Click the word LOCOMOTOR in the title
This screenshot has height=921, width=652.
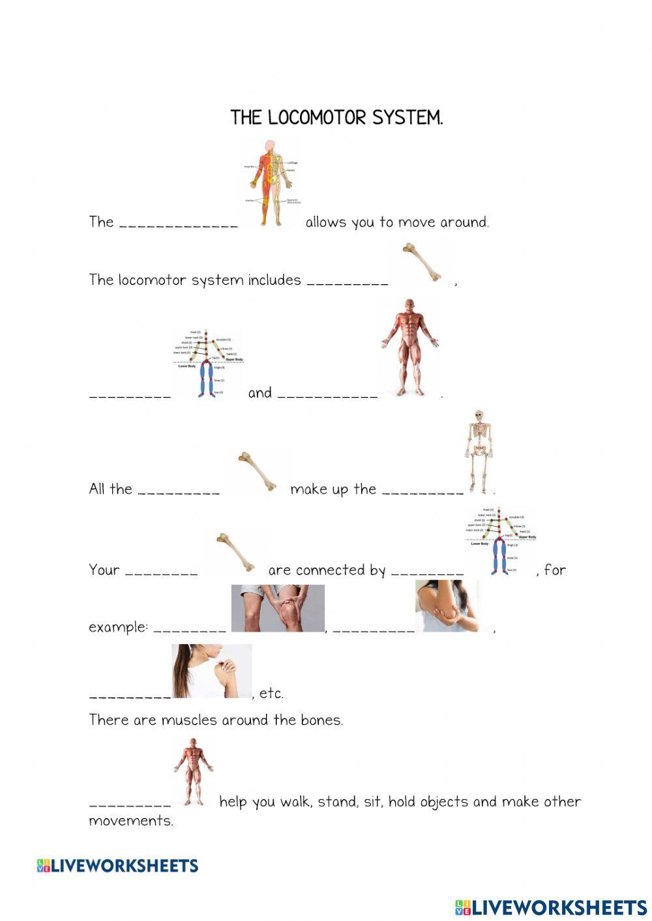[318, 118]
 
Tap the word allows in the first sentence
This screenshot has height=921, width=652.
[326, 222]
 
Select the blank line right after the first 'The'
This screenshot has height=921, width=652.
[179, 225]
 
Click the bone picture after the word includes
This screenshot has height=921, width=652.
[422, 263]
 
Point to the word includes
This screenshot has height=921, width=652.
[274, 280]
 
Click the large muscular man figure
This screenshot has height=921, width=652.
[409, 347]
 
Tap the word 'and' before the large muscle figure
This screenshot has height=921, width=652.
[259, 393]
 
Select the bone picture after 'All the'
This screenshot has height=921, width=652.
[258, 471]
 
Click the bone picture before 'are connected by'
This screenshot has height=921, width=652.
[235, 552]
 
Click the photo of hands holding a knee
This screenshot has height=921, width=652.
[278, 608]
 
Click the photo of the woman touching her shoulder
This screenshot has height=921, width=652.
[211, 671]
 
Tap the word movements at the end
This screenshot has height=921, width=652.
[130, 821]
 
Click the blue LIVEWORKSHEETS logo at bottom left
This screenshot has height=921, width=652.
[117, 866]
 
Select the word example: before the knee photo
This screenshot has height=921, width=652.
[118, 628]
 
